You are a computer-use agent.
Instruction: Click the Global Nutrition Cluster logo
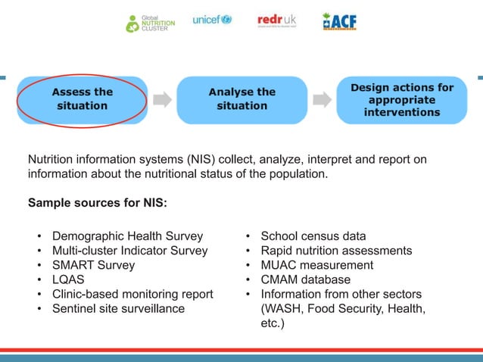[150, 22]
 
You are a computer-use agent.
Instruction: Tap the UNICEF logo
[212, 20]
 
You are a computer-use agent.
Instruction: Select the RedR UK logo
[277, 20]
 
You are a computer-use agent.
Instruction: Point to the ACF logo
[338, 21]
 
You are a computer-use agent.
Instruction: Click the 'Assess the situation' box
[83, 99]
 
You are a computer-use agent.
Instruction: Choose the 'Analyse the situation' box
[241, 99]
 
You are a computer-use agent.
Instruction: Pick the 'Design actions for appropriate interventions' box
[401, 100]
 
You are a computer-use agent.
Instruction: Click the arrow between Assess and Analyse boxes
[162, 99]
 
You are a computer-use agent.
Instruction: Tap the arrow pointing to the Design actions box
[322, 99]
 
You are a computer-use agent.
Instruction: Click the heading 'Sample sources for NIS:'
[97, 203]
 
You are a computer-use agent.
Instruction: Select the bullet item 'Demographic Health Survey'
[127, 236]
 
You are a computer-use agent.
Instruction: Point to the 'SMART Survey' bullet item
[93, 265]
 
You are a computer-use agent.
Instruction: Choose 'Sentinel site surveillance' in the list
[118, 308]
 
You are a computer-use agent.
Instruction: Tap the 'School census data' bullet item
[313, 236]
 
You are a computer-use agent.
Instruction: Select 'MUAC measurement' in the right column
[316, 265]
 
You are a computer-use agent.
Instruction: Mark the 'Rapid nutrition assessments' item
[336, 251]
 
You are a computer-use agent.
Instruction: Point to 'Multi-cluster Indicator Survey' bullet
[129, 251]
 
